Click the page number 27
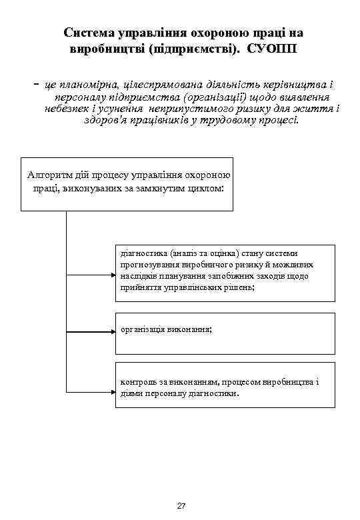[x=181, y=506]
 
